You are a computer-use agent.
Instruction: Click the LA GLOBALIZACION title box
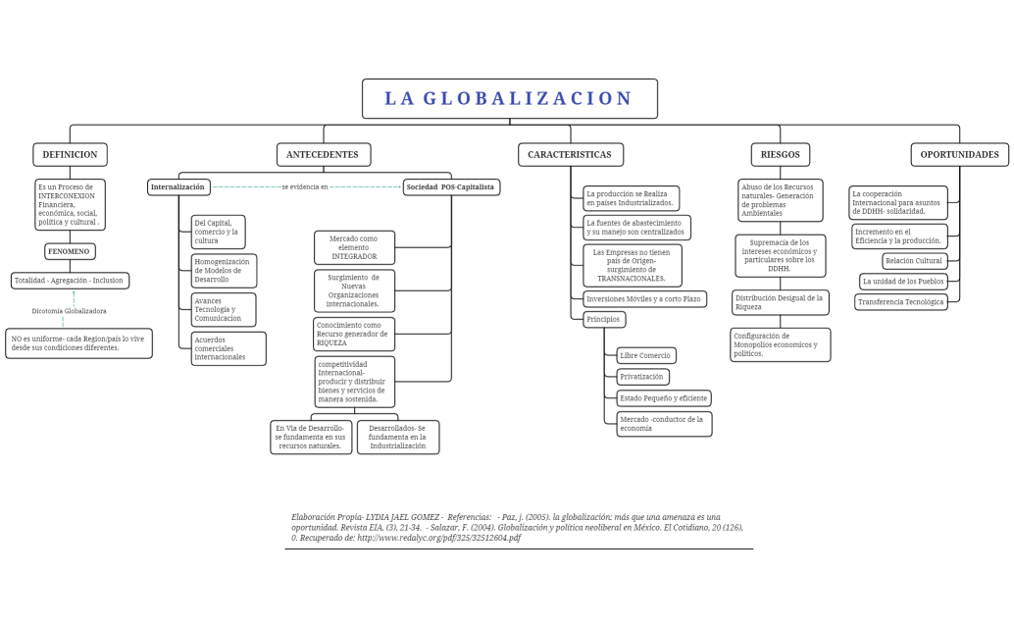click(x=509, y=99)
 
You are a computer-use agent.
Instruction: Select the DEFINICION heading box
click(x=70, y=155)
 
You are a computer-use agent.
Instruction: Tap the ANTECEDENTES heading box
click(x=324, y=155)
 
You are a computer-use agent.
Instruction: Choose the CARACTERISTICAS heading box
click(x=570, y=155)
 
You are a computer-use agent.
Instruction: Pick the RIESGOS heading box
click(x=781, y=155)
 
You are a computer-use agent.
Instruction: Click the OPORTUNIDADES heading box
click(x=959, y=155)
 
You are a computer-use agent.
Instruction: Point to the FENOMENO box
click(x=70, y=251)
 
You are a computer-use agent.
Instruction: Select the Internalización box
click(x=178, y=186)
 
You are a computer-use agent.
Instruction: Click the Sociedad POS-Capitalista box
click(x=451, y=186)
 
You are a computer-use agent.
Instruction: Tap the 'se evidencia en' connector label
click(x=305, y=186)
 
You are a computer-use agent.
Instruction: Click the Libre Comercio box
click(x=645, y=355)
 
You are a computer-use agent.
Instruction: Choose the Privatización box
click(x=642, y=377)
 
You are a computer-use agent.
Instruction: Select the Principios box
click(x=603, y=320)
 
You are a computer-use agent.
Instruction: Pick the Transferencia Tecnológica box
click(x=900, y=302)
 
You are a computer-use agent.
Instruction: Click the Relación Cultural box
click(x=914, y=261)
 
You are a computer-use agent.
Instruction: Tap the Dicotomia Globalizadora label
click(x=69, y=311)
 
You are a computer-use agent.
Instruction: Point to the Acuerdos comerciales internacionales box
click(x=228, y=348)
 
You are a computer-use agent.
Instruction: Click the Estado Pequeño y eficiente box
click(x=663, y=398)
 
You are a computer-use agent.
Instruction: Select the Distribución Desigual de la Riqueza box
click(x=781, y=302)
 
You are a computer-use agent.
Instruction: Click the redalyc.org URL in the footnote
click(x=438, y=538)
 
